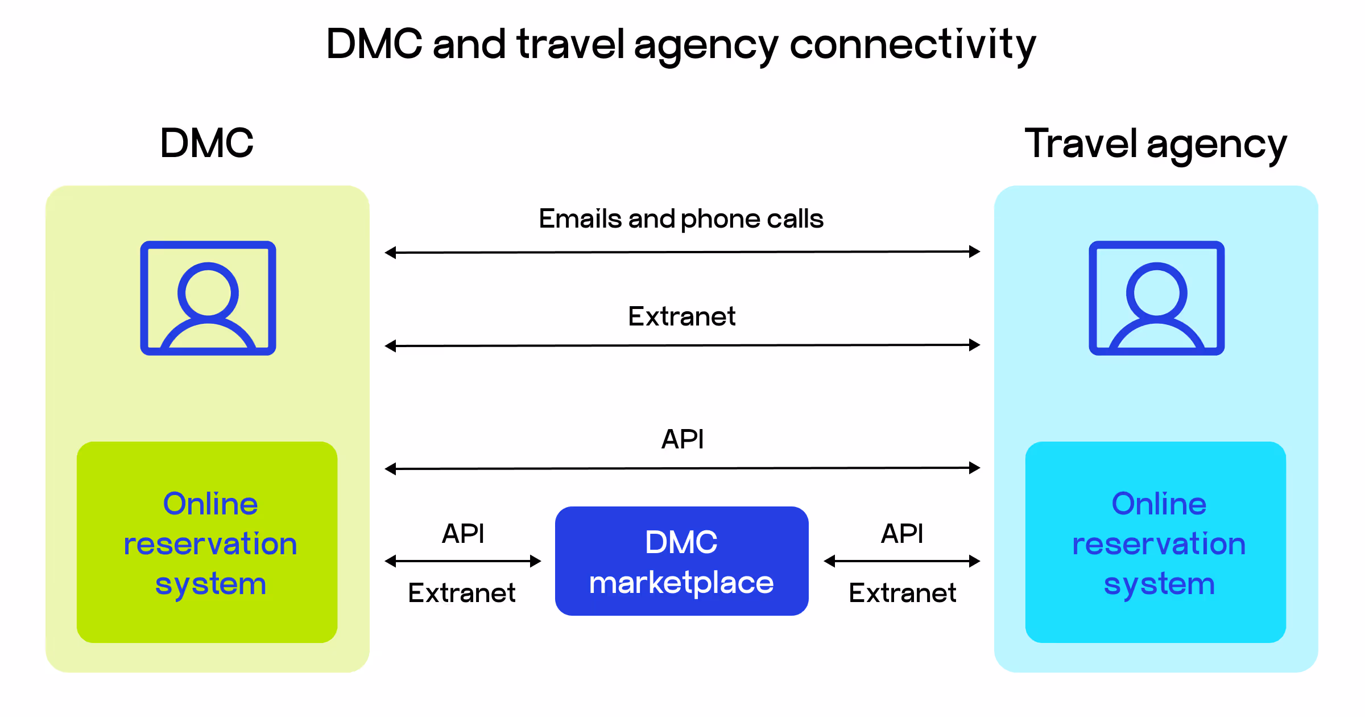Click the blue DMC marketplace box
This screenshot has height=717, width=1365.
[681, 561]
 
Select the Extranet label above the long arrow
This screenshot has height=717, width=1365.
[681, 316]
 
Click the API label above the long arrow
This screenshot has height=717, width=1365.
[682, 439]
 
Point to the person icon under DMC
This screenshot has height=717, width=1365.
[208, 298]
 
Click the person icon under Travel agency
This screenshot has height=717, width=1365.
[1157, 298]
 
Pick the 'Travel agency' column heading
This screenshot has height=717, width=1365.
[1155, 145]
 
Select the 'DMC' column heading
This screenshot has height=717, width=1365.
[206, 143]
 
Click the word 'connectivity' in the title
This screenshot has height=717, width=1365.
[912, 46]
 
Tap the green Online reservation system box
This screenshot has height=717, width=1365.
[207, 542]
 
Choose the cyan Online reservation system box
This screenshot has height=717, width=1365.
[1156, 542]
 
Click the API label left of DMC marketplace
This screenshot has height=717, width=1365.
[463, 534]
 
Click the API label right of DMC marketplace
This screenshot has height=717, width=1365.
[902, 534]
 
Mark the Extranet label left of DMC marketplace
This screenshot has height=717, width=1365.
[462, 593]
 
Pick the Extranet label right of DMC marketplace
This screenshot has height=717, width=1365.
[903, 593]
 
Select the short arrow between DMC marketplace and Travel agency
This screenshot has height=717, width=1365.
[902, 561]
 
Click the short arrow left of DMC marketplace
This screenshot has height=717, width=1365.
[463, 561]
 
